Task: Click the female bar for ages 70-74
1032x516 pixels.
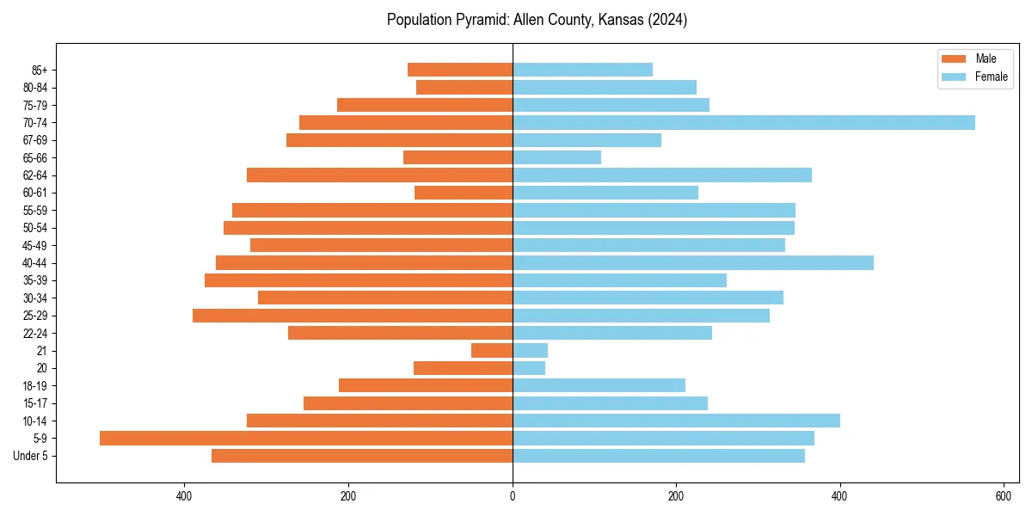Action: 743,122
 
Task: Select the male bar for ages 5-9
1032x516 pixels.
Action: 306,438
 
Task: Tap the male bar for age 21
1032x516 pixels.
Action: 492,350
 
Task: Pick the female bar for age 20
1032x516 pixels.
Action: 529,368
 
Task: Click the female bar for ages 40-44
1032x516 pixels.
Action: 693,262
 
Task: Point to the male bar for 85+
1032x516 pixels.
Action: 460,70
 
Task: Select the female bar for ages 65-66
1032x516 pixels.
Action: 556,157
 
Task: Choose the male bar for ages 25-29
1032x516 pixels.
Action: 353,316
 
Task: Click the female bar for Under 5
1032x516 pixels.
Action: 659,456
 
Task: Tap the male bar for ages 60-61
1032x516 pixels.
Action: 464,193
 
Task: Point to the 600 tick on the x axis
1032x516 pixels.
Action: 1004,496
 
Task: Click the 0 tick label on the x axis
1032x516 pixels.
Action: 513,496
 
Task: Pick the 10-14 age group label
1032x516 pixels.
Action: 34,421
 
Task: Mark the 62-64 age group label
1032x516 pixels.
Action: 34,175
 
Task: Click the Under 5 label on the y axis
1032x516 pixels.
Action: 30,456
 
